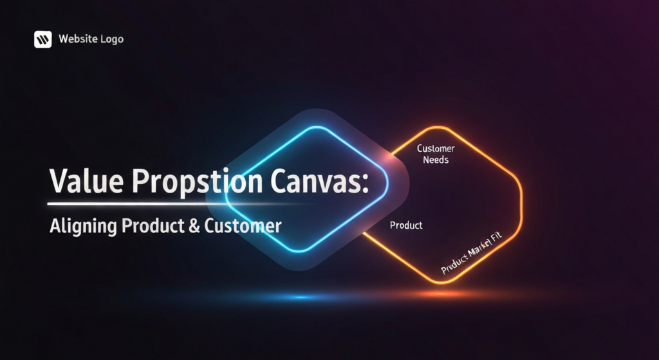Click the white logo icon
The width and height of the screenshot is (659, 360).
(x=42, y=39)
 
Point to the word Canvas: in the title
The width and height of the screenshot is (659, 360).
(x=315, y=182)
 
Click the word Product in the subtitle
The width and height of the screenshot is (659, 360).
(x=148, y=227)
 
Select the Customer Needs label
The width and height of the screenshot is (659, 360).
(x=436, y=154)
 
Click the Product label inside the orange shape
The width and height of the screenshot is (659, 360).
(x=406, y=225)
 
